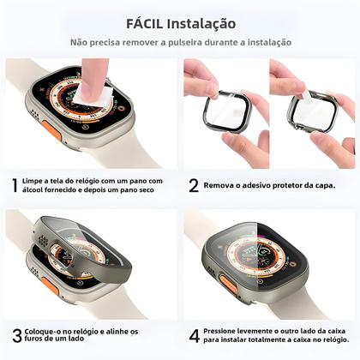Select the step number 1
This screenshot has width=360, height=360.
[15, 184]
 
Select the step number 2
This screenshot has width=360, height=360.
[194, 184]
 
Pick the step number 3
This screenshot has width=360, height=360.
[16, 335]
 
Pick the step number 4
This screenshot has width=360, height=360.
[194, 335]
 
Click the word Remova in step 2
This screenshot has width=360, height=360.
[225, 184]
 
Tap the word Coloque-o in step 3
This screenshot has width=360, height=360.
[47, 331]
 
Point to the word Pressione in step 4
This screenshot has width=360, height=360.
[228, 330]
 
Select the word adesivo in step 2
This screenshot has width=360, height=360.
[261, 184]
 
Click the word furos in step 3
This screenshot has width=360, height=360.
[39, 341]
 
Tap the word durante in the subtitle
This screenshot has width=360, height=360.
[221, 42]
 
